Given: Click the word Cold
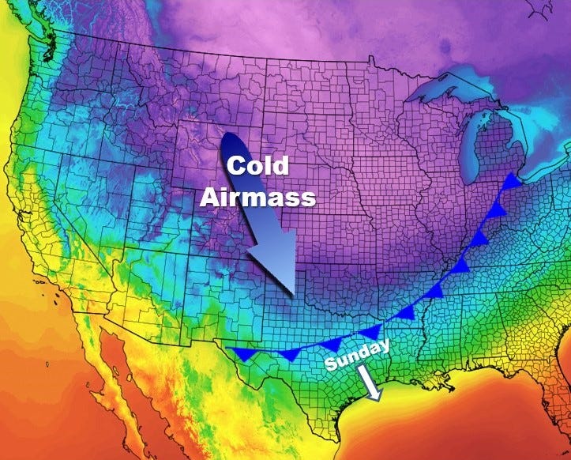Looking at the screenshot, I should tap(258, 167).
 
